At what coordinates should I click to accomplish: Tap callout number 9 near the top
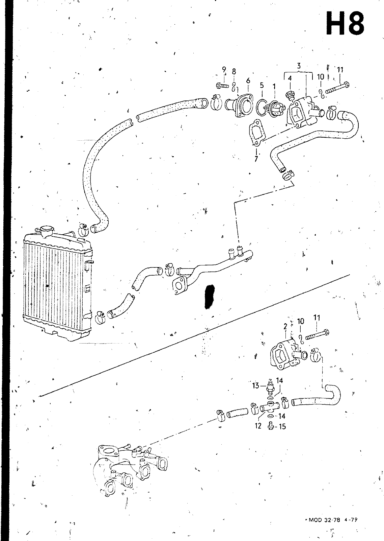click(x=224, y=70)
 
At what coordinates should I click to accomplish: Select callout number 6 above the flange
click(x=248, y=80)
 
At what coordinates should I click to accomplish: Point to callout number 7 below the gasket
click(x=256, y=159)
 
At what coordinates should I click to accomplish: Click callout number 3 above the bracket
click(x=299, y=66)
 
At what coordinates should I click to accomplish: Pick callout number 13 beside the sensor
click(x=255, y=385)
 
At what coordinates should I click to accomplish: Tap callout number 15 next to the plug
click(x=282, y=427)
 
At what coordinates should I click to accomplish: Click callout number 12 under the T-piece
click(x=258, y=426)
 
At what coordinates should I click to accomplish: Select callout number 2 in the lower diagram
click(x=285, y=327)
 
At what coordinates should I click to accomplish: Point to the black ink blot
click(x=209, y=296)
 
